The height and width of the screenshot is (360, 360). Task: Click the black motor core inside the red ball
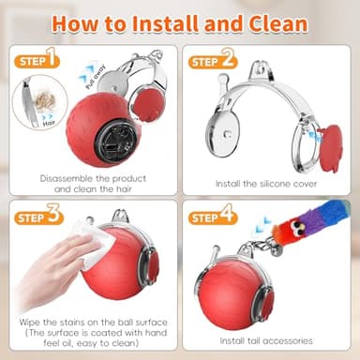tap(119, 137)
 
